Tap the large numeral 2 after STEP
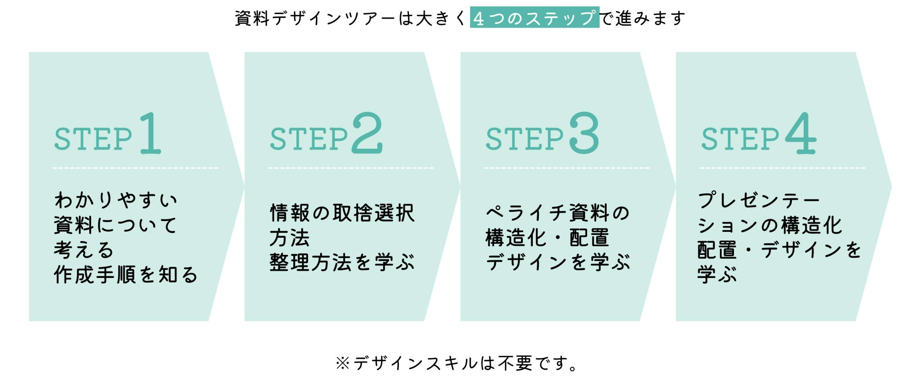367,133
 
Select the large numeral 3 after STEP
584,133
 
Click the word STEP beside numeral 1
93,139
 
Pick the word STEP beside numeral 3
525,139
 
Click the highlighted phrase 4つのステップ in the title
535,18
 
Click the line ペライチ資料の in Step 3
558,213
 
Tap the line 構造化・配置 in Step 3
547,238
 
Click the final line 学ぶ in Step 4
717,275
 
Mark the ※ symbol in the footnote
342,363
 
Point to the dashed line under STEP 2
351,168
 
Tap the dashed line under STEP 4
782,168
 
